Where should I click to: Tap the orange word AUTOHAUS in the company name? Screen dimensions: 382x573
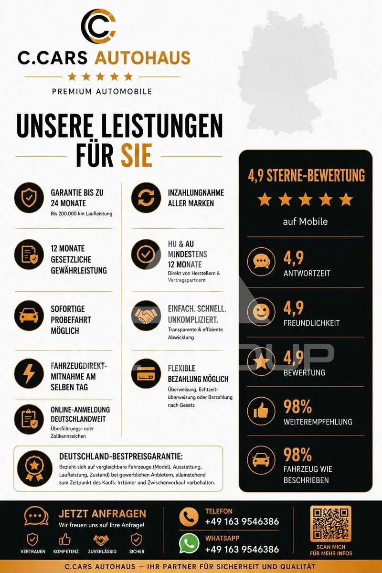[x=142, y=58]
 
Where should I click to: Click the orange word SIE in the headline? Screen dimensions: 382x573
[x=137, y=155]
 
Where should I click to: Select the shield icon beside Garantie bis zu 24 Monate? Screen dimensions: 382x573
[x=29, y=198]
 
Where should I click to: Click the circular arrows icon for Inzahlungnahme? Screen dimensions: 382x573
[x=146, y=198]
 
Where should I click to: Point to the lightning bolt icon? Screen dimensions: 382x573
[x=29, y=373]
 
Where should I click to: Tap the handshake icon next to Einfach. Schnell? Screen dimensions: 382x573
[x=146, y=316]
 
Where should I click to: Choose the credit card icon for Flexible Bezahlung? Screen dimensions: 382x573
[x=146, y=373]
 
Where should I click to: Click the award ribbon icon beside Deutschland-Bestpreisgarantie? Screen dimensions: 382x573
[x=35, y=468]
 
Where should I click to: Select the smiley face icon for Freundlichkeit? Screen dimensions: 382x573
[x=261, y=312]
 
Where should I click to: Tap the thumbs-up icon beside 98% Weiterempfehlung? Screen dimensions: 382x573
[x=261, y=411]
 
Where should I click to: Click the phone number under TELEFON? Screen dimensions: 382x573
[x=242, y=521]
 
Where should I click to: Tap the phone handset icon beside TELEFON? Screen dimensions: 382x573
[x=189, y=517]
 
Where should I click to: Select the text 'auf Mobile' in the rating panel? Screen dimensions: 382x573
[x=305, y=221]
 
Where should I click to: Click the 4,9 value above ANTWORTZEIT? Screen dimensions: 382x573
[x=294, y=258]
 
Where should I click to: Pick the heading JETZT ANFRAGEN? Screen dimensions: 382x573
[x=102, y=514]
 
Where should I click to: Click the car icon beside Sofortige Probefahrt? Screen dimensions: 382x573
[x=29, y=316]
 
